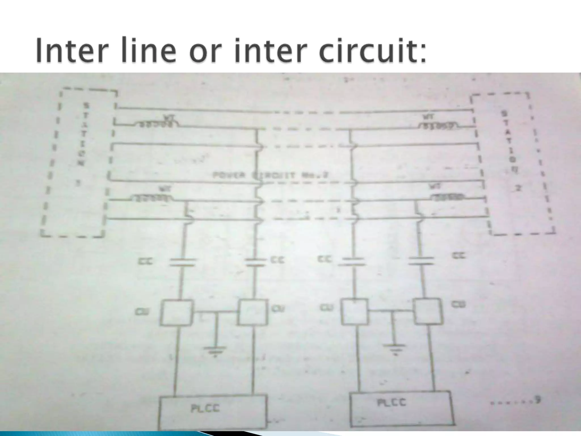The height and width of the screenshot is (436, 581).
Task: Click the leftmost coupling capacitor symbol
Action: point(183,262)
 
